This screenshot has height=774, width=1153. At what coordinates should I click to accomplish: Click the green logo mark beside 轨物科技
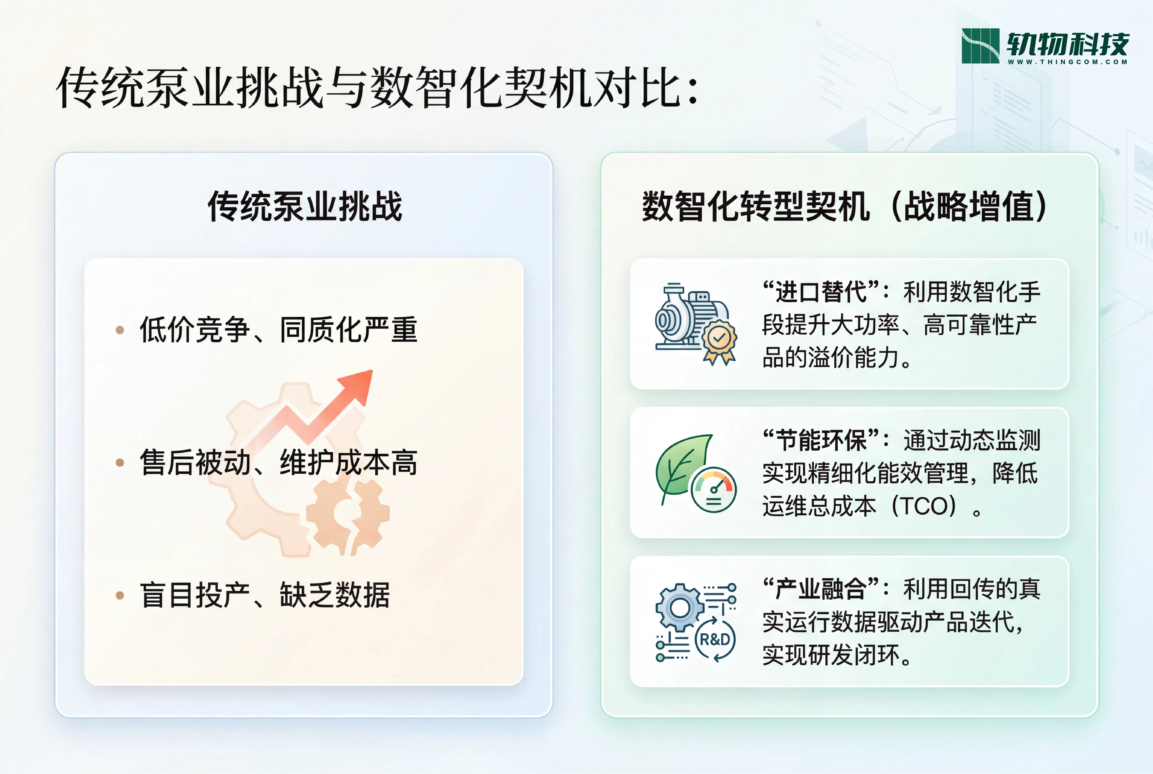pos(980,46)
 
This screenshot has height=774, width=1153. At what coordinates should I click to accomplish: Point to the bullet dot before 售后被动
pos(120,463)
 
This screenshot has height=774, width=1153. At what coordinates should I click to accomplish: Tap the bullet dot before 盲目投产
pos(120,595)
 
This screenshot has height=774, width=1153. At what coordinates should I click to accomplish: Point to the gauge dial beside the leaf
pos(714,490)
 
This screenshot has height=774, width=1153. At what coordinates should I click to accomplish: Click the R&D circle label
pos(715,640)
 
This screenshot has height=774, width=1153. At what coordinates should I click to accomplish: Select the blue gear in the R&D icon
pos(680,608)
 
